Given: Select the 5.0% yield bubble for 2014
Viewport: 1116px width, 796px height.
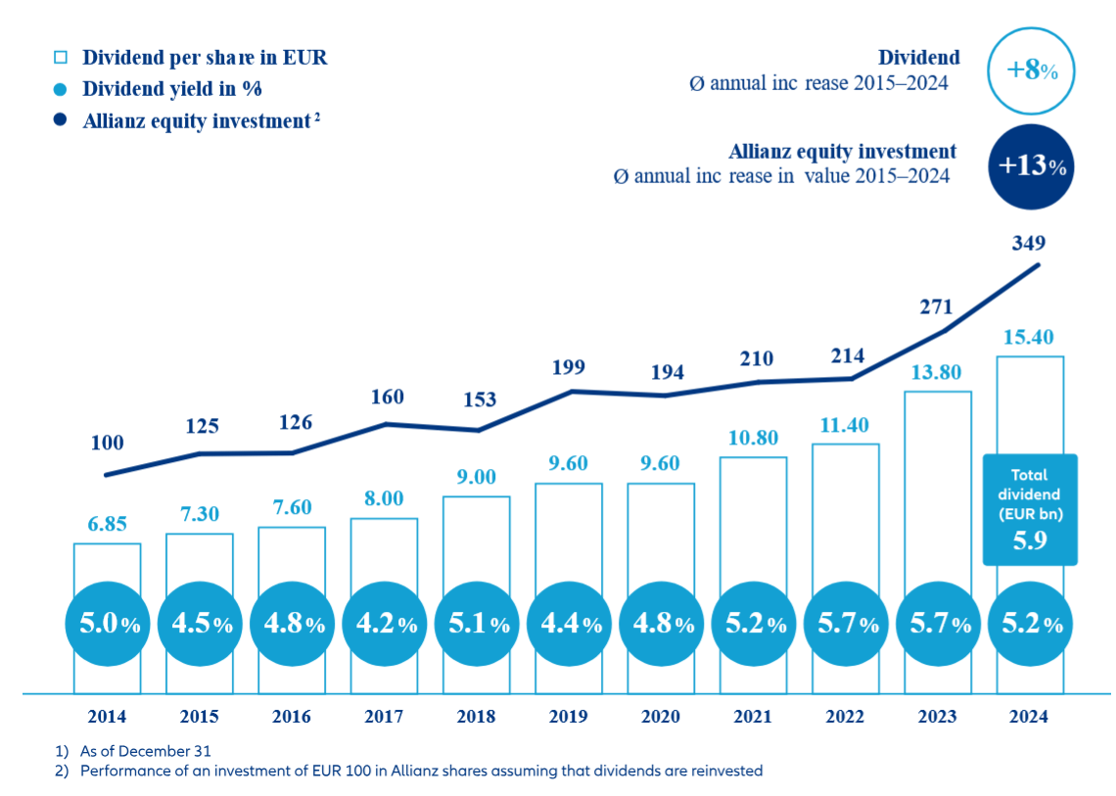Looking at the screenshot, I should coord(108,624).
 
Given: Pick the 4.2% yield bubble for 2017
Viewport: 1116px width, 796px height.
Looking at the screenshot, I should coord(384,624).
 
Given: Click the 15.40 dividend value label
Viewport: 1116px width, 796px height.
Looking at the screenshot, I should coord(1029,339).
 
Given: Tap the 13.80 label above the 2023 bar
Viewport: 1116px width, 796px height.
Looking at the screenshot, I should coord(937,373).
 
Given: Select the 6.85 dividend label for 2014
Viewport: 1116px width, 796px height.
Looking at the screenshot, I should coord(107,525).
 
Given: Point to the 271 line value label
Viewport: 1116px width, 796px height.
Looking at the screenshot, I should coord(937,306).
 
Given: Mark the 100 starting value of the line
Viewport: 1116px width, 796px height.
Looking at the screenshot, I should coord(108,443).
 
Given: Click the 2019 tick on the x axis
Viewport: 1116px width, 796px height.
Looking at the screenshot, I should coord(569,717).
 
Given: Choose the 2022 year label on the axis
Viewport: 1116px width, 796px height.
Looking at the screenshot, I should coord(845,717).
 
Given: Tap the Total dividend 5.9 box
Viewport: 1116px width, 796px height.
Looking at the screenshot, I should coord(1030,509).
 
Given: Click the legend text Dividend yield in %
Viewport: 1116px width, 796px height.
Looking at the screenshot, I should coord(172,89).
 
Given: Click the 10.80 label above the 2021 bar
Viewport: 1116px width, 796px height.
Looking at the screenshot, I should coord(753,439).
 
